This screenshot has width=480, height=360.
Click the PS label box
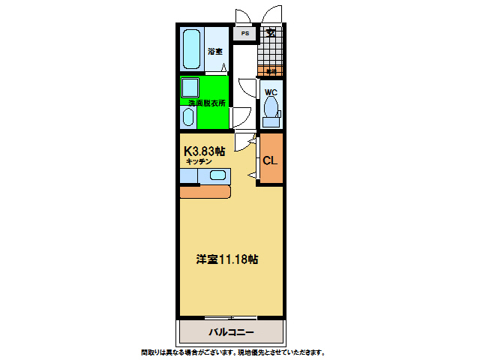244,34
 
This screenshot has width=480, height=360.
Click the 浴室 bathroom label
214,52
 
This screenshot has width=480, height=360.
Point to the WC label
271,92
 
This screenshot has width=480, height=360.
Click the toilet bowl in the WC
271,108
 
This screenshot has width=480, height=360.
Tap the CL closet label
271,160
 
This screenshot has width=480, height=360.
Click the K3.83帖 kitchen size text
204,150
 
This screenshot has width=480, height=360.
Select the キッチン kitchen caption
199,161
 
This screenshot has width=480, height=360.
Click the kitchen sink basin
217,175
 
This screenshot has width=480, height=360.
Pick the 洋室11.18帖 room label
228,259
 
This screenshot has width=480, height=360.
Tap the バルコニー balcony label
231,331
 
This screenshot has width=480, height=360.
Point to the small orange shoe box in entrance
270,71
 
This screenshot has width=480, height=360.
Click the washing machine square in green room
189,87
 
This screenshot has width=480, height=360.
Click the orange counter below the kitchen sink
205,191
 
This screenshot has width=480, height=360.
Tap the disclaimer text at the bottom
232,352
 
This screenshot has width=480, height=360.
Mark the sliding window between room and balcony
231,317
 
